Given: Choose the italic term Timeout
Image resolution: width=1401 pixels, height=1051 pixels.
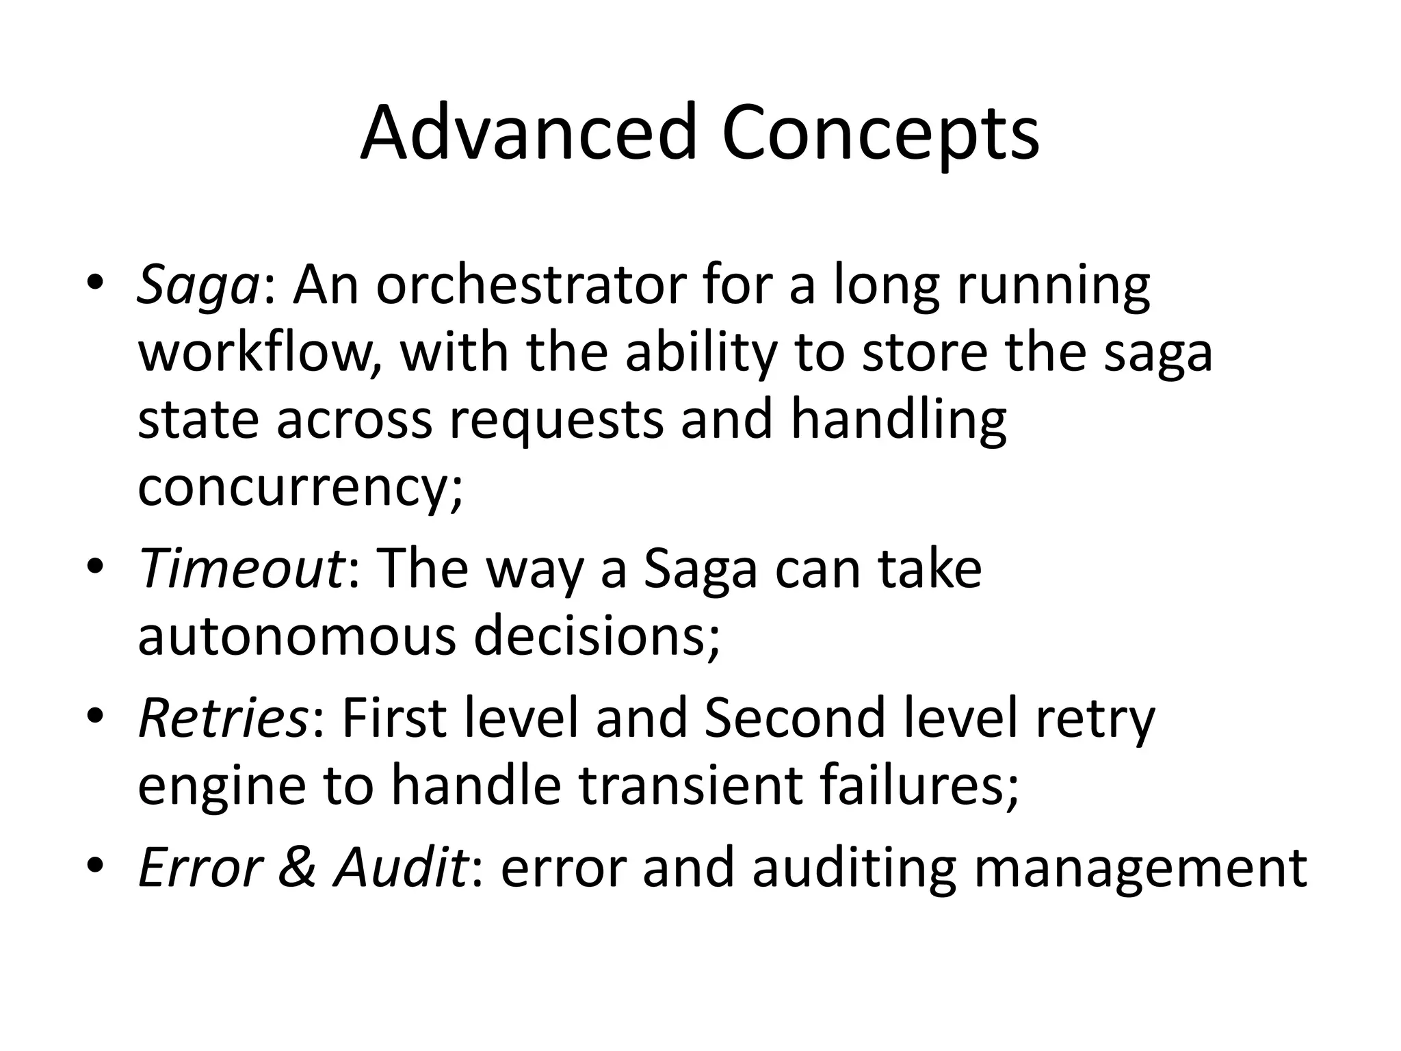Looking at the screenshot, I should [240, 568].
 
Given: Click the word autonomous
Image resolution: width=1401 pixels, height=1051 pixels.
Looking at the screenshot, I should [297, 636].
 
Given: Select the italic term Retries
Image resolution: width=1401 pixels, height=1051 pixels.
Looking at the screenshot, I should [222, 717].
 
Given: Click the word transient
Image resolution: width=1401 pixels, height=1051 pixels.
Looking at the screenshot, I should [690, 784].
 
